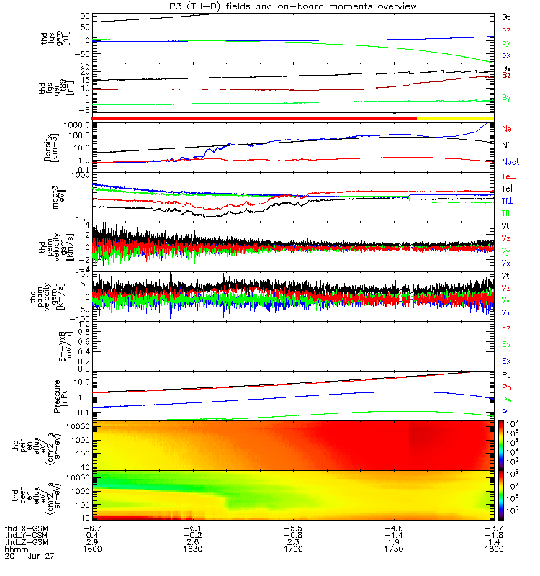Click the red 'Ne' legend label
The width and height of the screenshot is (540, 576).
[506, 128]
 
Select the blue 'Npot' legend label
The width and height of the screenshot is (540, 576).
[510, 163]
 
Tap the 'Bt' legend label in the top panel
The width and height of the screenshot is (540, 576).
[506, 16]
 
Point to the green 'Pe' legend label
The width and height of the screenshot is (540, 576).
[506, 398]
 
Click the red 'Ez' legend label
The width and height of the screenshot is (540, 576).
[506, 328]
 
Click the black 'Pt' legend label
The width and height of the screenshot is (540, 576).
[506, 377]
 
